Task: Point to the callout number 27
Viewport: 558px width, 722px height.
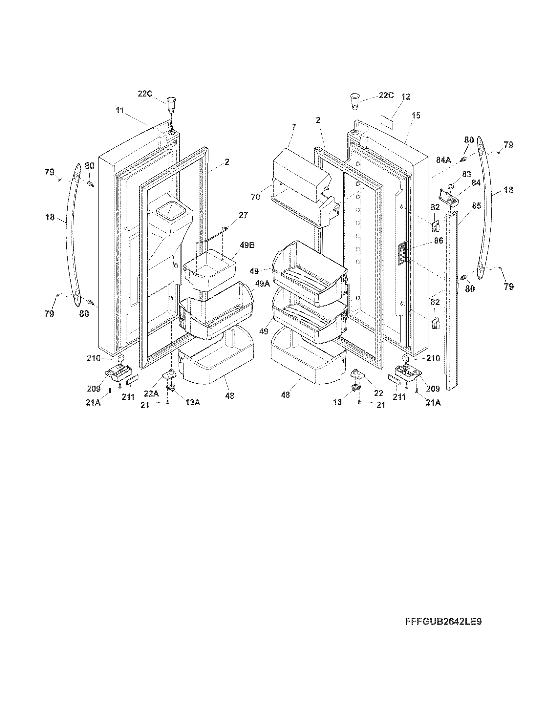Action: tap(243, 215)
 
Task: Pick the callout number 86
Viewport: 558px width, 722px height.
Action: tap(438, 241)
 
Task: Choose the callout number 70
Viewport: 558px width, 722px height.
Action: tap(255, 197)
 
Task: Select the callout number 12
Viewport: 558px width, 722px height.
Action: tap(406, 96)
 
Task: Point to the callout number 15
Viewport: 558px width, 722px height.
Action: tap(416, 116)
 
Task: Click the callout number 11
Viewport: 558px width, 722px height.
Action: tap(120, 110)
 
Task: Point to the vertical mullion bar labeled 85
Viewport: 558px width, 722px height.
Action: tap(452, 298)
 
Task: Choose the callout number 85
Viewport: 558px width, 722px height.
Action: tap(476, 205)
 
